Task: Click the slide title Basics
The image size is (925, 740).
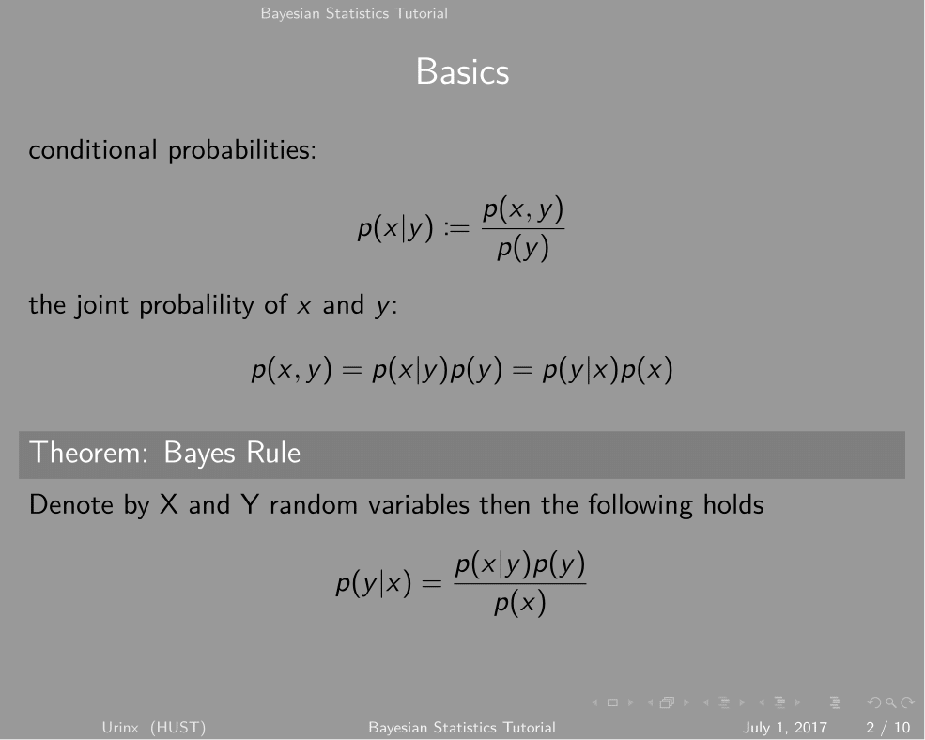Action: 462,72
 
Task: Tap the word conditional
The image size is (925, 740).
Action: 93,150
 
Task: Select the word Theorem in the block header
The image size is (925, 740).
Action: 88,454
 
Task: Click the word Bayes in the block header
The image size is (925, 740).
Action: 199,455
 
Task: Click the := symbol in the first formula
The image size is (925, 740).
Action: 456,228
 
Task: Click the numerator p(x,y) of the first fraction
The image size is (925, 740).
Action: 523,210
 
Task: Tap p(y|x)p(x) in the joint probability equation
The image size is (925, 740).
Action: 608,371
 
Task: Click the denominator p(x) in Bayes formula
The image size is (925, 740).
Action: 519,604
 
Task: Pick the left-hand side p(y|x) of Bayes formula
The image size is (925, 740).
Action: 374,584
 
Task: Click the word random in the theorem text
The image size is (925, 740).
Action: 314,505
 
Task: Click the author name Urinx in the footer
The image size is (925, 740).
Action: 120,727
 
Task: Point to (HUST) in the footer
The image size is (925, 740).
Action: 178,728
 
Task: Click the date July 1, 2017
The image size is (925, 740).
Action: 784,728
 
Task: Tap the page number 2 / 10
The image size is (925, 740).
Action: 887,728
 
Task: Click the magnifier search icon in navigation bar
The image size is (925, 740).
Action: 891,702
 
